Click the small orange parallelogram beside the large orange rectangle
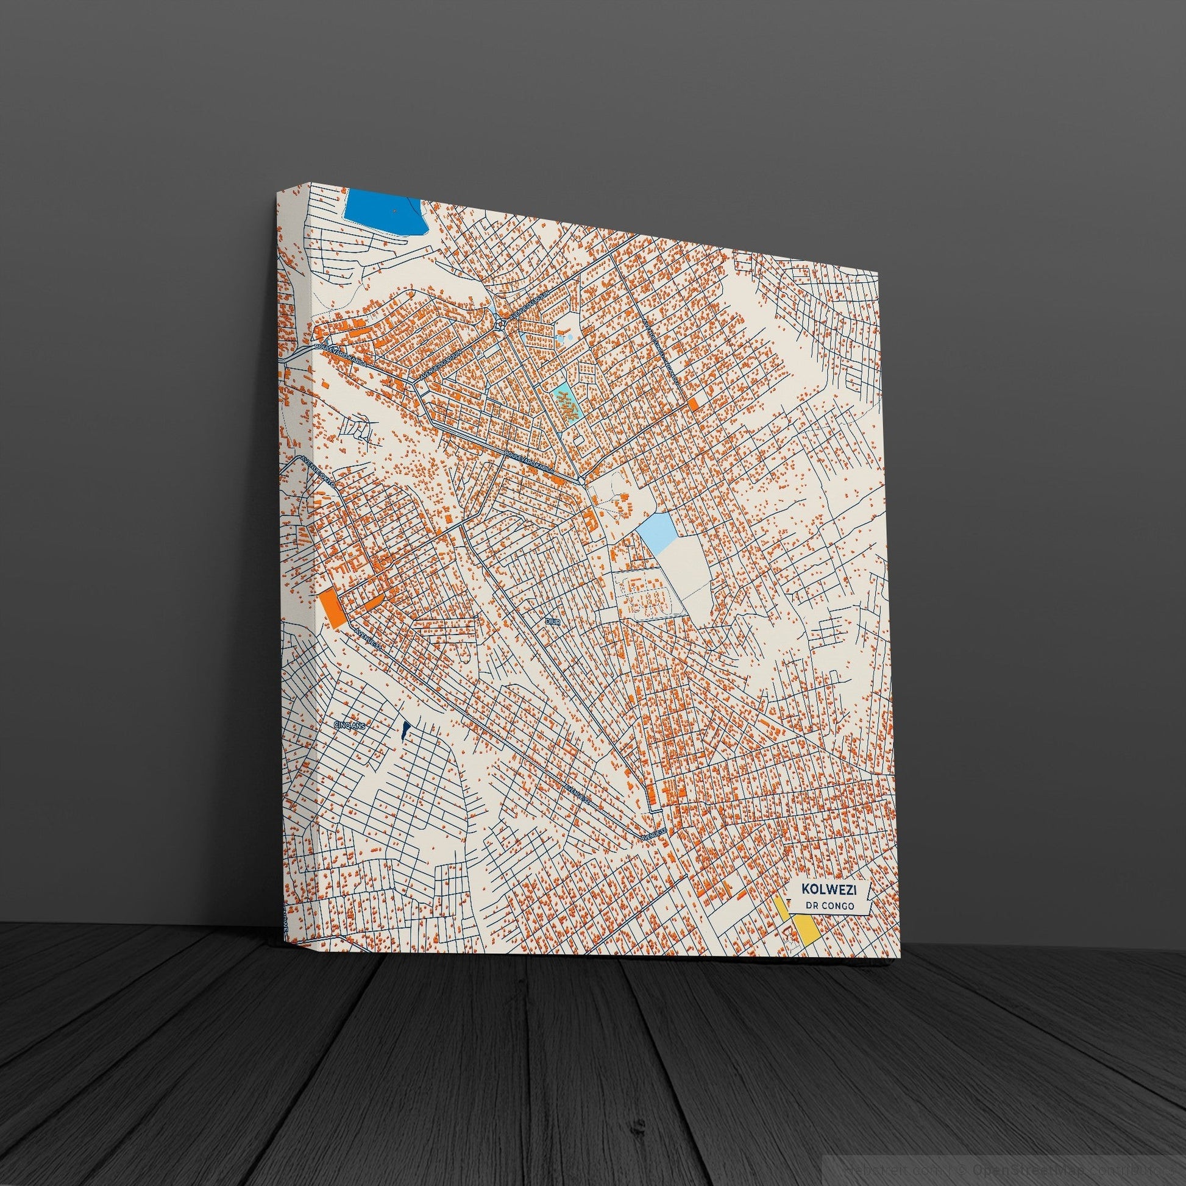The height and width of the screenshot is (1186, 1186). [373, 601]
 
